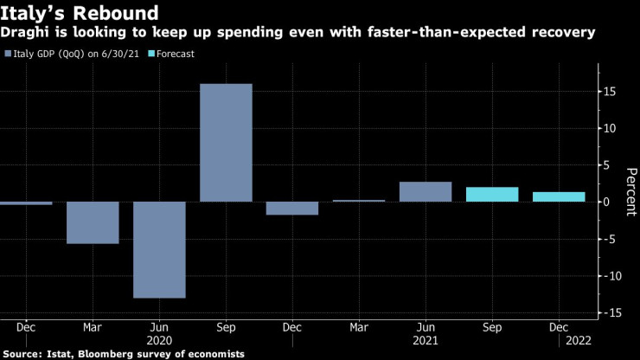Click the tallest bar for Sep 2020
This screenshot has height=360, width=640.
[226, 143]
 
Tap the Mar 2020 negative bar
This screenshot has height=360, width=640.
[93, 222]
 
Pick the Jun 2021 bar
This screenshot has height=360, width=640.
[426, 191]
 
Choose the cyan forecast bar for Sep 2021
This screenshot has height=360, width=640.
[492, 194]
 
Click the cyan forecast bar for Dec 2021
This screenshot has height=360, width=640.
[559, 196]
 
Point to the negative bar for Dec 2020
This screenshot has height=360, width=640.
[292, 208]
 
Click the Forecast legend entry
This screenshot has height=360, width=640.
[176, 54]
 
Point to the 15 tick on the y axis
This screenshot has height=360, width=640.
[610, 91]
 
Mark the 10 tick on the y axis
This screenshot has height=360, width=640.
[610, 128]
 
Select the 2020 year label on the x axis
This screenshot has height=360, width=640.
[159, 341]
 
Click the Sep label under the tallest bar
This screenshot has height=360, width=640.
[226, 328]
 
